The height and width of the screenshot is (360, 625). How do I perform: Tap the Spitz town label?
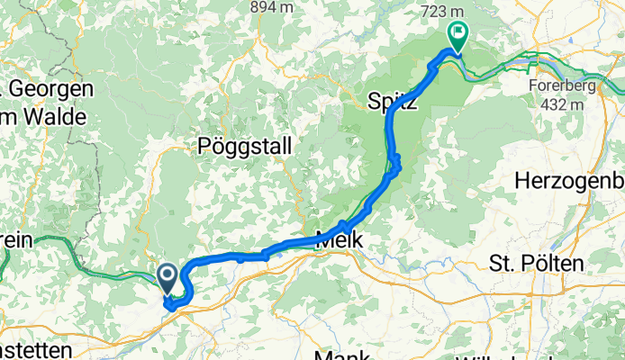[393, 101]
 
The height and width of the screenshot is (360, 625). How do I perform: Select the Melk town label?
[340, 241]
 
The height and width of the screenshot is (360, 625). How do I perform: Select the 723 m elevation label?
[448, 12]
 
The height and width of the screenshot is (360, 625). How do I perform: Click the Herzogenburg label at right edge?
[569, 180]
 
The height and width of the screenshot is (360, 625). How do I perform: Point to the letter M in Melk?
[324, 241]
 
